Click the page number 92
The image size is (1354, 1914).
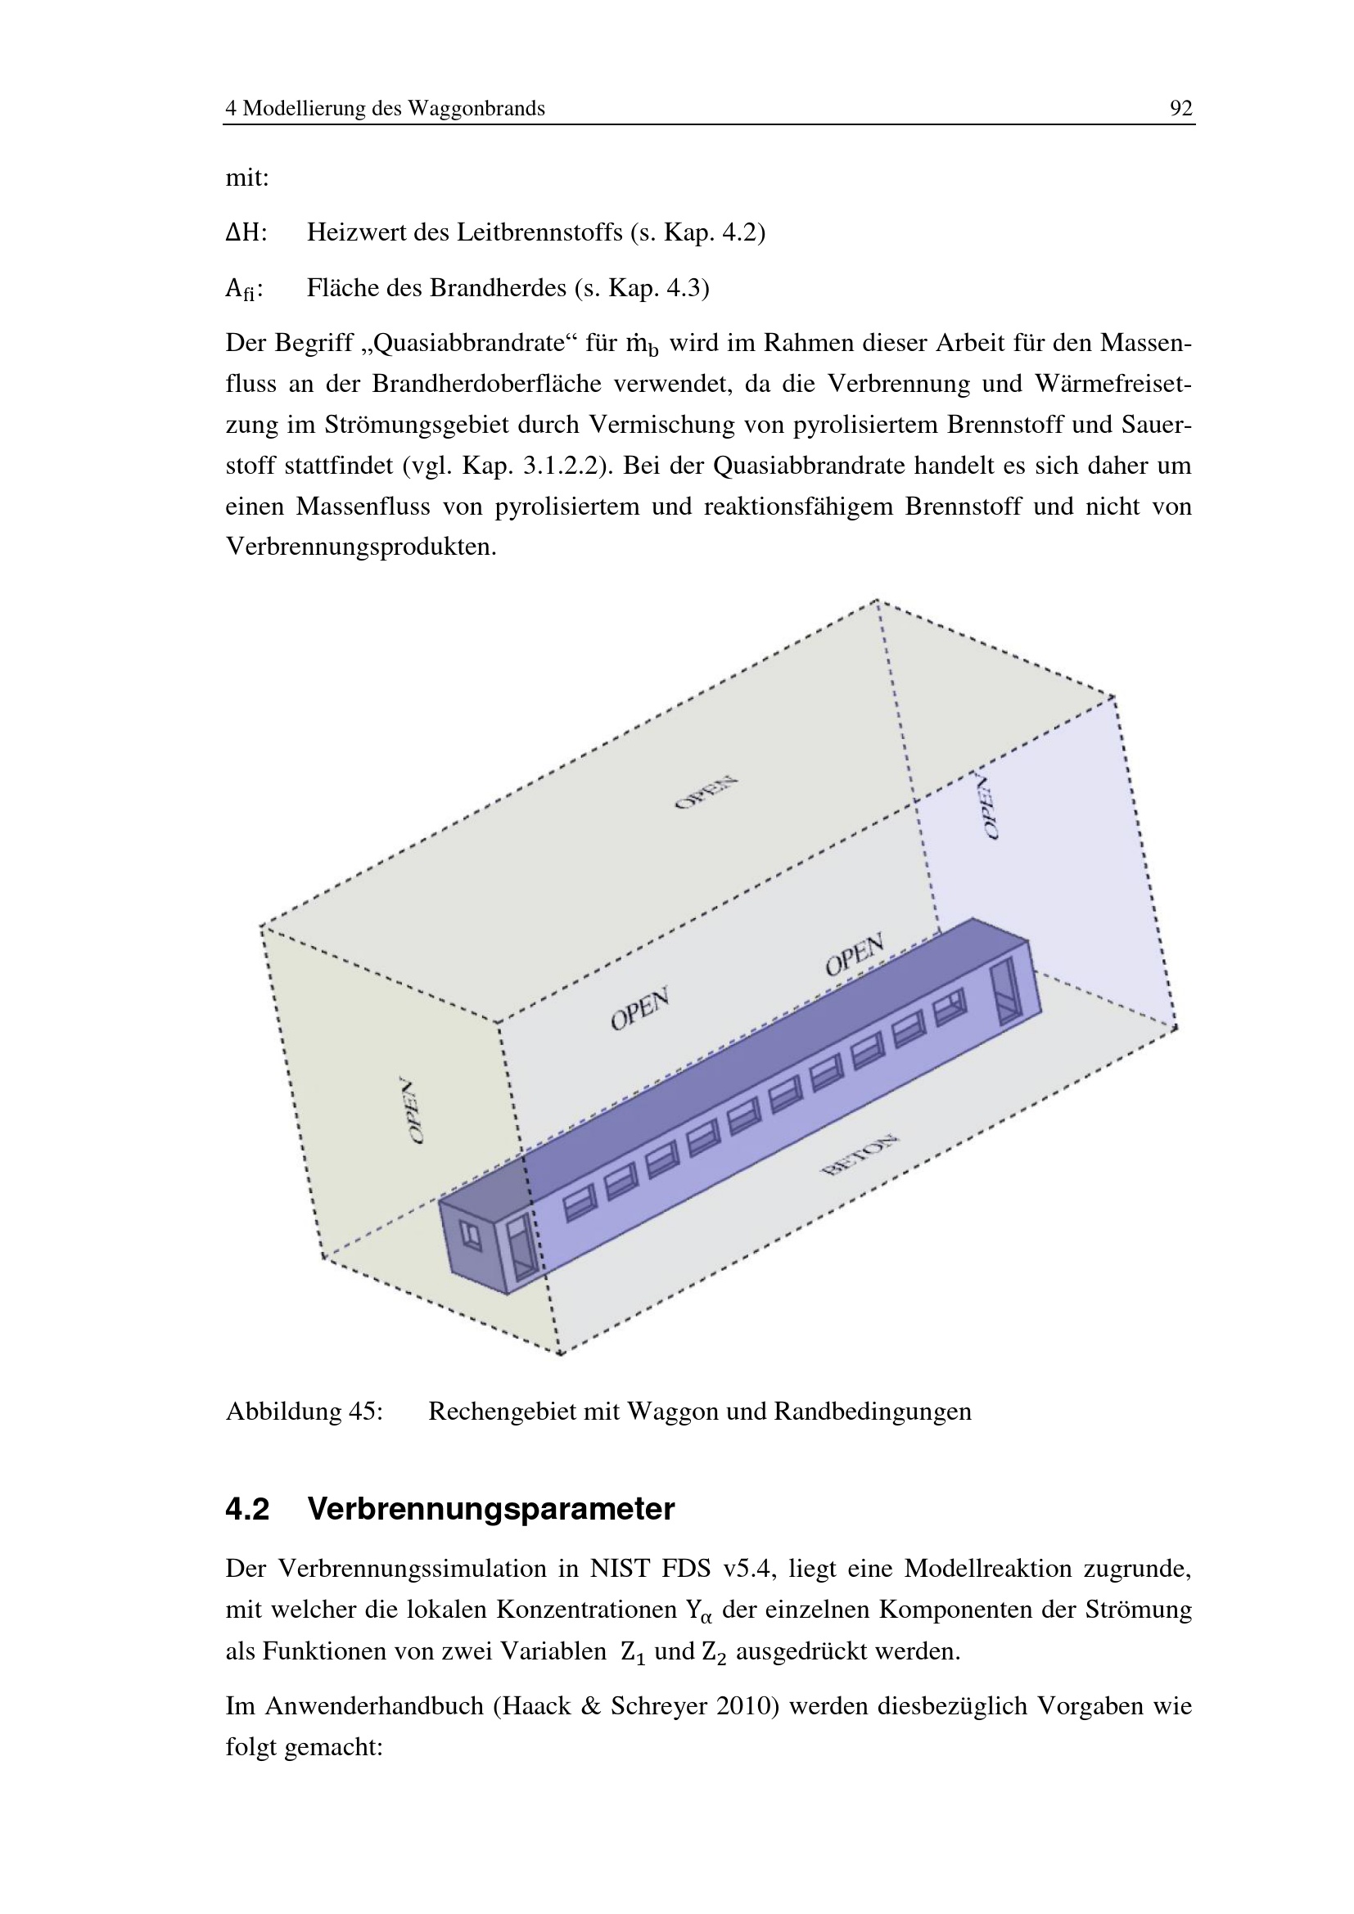1180,108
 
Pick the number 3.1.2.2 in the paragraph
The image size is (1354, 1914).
561,465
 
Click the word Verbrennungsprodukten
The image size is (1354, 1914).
361,547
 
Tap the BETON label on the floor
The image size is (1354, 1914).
860,1155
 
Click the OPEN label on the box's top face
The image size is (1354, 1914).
706,792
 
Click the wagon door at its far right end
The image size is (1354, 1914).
1006,989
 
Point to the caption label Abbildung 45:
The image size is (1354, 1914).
305,1412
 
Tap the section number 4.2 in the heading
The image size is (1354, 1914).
247,1510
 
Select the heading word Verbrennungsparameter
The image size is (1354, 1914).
491,1511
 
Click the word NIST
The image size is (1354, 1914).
621,1569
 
